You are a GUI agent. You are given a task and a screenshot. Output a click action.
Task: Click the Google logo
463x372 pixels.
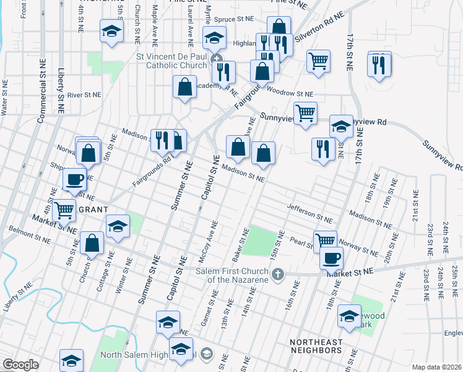(x=20, y=365)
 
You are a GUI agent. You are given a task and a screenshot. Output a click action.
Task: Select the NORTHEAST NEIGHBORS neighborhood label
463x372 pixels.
(x=316, y=347)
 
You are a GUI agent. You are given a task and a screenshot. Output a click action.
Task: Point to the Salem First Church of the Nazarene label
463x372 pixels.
(x=231, y=275)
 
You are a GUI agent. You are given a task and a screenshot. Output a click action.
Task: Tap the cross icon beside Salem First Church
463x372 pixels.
(x=279, y=273)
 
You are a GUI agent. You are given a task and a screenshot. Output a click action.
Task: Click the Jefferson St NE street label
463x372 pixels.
(x=309, y=213)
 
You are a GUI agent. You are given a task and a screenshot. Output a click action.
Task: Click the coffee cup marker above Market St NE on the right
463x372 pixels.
(x=331, y=257)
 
